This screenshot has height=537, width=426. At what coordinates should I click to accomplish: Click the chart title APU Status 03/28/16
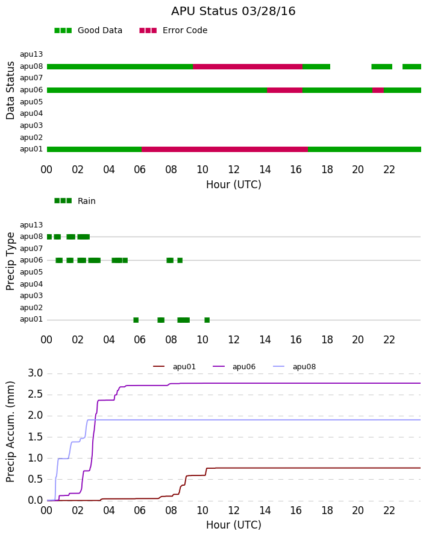(x=233, y=11)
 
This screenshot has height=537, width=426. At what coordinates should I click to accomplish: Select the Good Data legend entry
(x=88, y=31)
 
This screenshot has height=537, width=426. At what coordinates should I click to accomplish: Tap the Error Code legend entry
(x=174, y=31)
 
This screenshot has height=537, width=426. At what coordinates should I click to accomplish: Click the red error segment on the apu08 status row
(x=248, y=66)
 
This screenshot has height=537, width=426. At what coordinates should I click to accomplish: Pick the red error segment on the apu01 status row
(x=225, y=149)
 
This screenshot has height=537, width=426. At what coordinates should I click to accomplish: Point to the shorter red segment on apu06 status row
(x=378, y=90)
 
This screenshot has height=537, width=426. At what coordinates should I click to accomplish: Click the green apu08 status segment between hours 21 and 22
(x=381, y=66)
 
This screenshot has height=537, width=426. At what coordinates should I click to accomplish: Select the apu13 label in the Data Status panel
(x=31, y=54)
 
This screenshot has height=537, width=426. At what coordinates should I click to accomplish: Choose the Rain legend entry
(x=75, y=201)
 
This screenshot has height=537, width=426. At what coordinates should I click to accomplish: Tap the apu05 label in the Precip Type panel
(x=31, y=272)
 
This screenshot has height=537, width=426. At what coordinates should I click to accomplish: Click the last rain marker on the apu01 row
(x=207, y=320)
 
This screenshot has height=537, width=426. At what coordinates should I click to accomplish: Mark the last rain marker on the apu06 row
(x=180, y=260)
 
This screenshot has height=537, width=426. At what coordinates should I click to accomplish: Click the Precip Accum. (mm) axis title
(x=10, y=432)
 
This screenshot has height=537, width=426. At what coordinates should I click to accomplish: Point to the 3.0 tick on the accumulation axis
(x=35, y=373)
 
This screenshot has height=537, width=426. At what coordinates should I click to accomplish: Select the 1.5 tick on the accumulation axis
(x=35, y=437)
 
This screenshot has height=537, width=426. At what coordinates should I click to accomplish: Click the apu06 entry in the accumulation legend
(x=234, y=367)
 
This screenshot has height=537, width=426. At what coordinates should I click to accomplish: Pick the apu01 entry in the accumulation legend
(x=174, y=367)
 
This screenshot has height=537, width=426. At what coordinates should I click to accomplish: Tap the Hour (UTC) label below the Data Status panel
(x=234, y=185)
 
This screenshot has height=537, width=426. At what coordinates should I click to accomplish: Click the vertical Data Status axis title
(x=10, y=91)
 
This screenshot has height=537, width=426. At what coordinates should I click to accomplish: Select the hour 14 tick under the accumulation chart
(x=265, y=510)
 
